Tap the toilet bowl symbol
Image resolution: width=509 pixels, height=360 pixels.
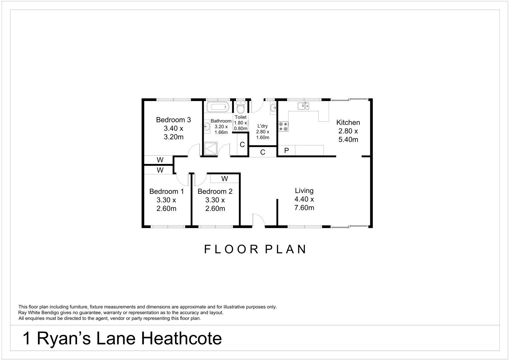(x=241, y=109)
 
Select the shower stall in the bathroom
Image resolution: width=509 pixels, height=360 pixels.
(x=211, y=149)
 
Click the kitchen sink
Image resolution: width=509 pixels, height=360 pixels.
(x=303, y=106)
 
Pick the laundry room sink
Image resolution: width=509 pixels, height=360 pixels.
(x=273, y=108)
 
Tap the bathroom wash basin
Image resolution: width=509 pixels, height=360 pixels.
(x=207, y=126)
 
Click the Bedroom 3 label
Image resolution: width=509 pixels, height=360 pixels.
(x=173, y=120)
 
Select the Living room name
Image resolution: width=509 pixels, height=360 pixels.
(x=304, y=191)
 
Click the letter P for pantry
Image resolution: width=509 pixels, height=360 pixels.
(x=286, y=151)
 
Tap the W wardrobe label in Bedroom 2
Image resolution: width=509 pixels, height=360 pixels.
(x=225, y=179)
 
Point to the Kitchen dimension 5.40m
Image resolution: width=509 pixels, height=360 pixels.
(x=348, y=140)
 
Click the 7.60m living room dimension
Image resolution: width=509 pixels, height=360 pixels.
(x=304, y=208)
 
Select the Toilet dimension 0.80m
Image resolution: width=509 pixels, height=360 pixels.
(x=240, y=128)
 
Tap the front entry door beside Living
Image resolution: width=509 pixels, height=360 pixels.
(x=259, y=220)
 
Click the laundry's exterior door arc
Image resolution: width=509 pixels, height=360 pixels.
(x=257, y=106)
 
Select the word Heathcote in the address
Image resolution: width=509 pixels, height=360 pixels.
(x=182, y=338)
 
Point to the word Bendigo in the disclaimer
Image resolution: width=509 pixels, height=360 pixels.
(x=54, y=313)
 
